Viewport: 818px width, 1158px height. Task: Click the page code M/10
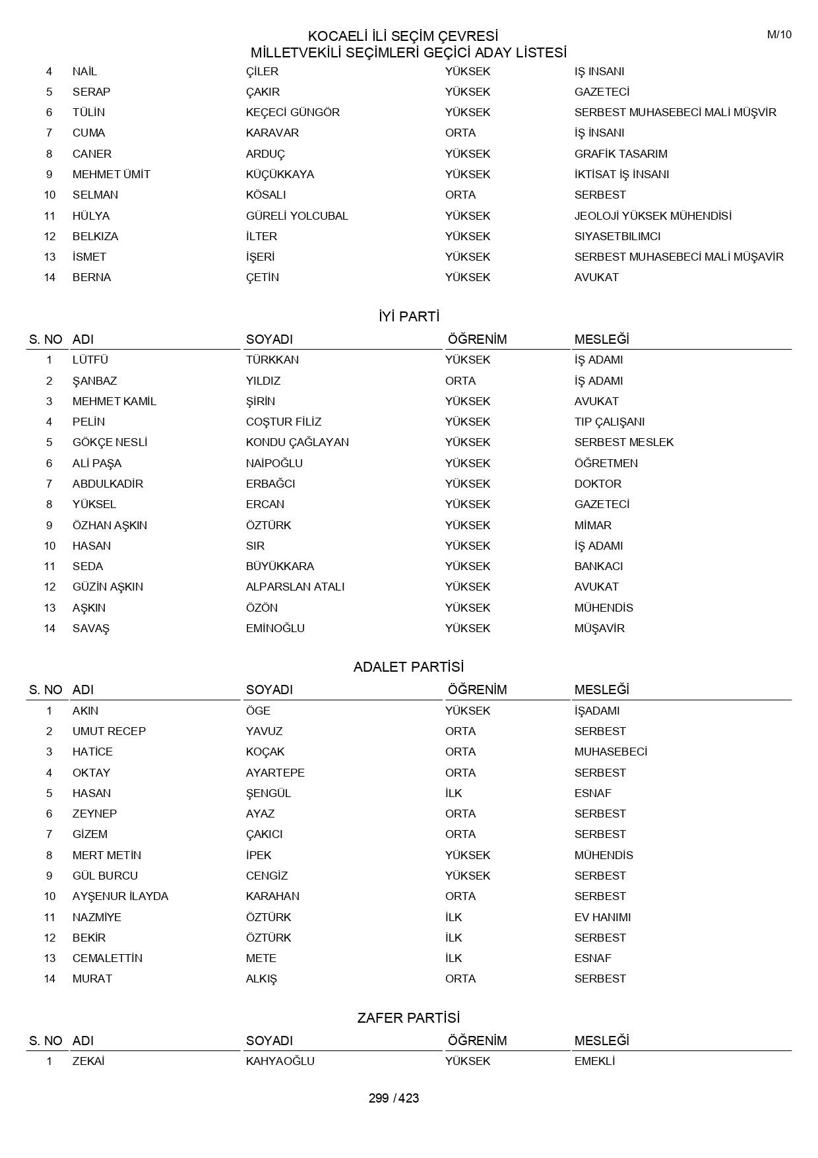[x=778, y=35]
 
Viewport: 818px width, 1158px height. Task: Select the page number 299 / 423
[x=394, y=1098]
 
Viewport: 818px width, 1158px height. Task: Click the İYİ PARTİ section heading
[x=409, y=317]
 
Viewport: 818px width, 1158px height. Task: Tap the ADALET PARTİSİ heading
[x=409, y=667]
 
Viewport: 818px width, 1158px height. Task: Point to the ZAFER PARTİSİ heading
[x=409, y=1018]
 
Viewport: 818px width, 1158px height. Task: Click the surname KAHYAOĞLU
[x=280, y=1061]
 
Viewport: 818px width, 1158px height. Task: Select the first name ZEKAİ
[x=88, y=1061]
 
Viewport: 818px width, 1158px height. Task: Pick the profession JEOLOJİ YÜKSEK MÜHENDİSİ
[x=652, y=216]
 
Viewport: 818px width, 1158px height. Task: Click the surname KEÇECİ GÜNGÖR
[x=293, y=112]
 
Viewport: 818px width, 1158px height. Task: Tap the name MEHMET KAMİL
[x=114, y=401]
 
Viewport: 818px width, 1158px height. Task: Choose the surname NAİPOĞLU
[x=274, y=463]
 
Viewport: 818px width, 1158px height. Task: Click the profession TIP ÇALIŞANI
[x=610, y=422]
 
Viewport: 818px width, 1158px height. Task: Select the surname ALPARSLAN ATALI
[x=296, y=587]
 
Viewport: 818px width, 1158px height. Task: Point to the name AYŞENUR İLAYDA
[x=120, y=896]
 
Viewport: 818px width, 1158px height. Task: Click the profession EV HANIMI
[x=602, y=917]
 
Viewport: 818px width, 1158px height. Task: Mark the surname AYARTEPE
[x=275, y=773]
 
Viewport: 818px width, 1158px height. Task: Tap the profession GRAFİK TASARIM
[x=621, y=154]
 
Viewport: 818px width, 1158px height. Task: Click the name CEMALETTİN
[x=108, y=958]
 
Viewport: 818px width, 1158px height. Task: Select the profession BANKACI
[x=598, y=566]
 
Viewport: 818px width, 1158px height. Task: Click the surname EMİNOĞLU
[x=275, y=628]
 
